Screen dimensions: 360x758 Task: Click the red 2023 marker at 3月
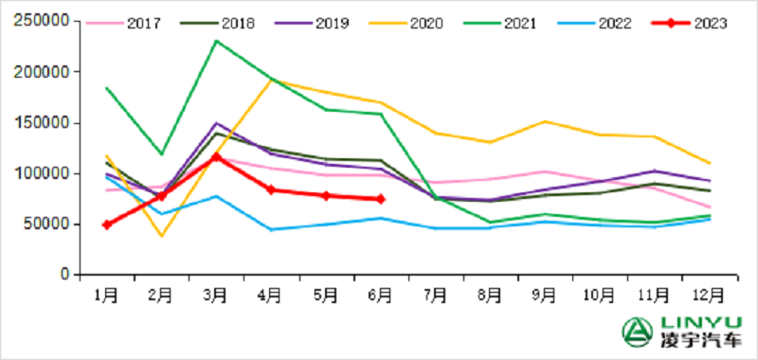click(216, 157)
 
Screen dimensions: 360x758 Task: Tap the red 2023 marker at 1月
click(106, 225)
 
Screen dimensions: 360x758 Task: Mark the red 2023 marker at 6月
click(380, 199)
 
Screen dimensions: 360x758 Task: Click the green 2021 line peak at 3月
click(216, 41)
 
